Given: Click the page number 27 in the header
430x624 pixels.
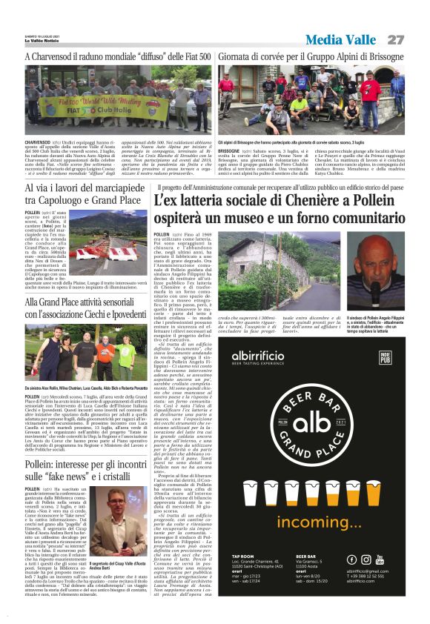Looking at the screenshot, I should point(396,39).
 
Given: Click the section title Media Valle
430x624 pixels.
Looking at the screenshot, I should point(340,39).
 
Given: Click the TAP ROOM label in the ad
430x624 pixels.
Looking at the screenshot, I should point(242,555).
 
